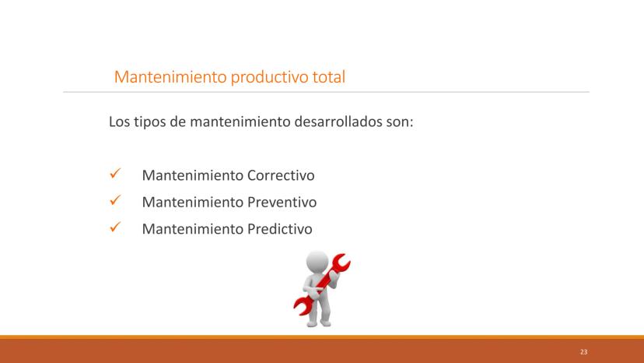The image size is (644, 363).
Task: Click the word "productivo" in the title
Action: tap(269, 77)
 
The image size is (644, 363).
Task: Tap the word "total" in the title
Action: tap(328, 76)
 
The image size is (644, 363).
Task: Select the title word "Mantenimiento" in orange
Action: tap(170, 76)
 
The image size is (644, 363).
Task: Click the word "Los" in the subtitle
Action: tap(119, 122)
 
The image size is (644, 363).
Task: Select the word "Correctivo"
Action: tap(281, 175)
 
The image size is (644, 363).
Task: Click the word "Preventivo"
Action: tap(282, 202)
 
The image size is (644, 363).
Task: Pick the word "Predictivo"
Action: tap(280, 229)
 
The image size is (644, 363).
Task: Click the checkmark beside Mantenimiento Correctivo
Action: tap(115, 173)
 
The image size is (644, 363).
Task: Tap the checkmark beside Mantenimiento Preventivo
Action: tap(115, 200)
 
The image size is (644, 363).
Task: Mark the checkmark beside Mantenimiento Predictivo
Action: tap(115, 227)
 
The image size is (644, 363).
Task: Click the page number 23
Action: tap(583, 352)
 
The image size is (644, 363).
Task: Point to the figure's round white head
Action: tap(317, 262)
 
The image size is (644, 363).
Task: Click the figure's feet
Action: tap(319, 322)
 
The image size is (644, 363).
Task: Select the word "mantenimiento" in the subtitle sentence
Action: tap(240, 122)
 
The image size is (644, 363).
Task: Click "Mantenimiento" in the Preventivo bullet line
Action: tap(193, 202)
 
